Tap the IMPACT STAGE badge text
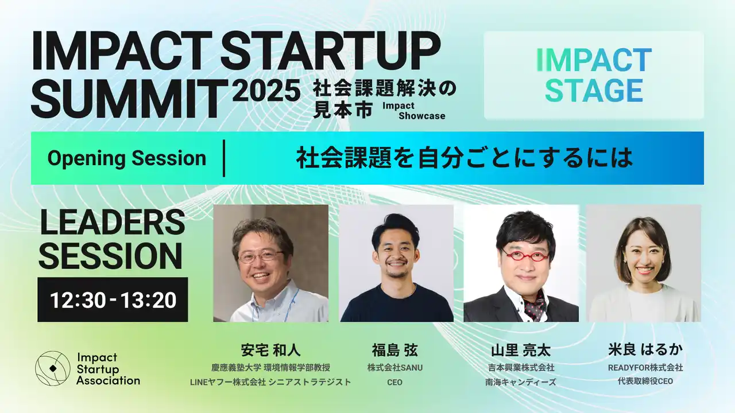594,75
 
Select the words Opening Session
127,158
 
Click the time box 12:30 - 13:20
113,299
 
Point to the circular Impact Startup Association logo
52,368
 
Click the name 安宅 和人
270,350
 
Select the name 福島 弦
394,350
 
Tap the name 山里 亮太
521,350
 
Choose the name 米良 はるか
645,350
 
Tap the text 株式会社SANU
394,368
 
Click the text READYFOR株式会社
645,368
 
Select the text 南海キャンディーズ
521,382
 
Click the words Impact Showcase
414,111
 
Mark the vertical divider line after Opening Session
224,158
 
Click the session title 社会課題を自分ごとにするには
465,158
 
